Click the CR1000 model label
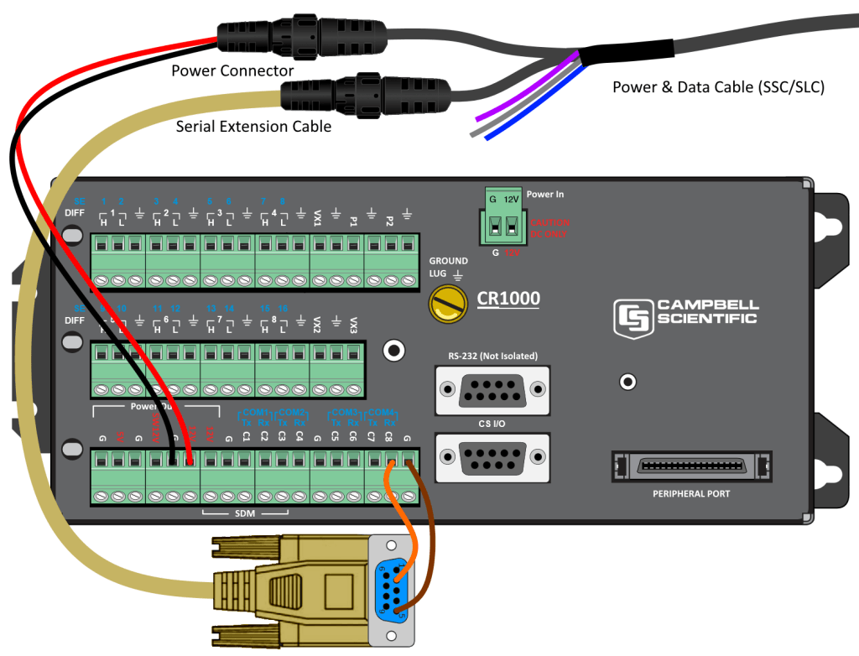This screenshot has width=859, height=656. click(x=508, y=299)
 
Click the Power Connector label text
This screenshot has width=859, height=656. click(x=232, y=71)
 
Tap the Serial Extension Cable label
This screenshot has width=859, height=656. click(x=253, y=127)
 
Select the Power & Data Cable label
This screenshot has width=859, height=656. click(x=718, y=86)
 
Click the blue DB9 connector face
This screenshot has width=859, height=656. click(x=392, y=590)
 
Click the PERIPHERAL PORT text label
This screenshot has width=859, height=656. click(x=691, y=494)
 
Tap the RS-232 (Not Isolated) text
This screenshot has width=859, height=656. click(x=492, y=357)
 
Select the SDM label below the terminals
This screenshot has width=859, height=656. click(x=246, y=513)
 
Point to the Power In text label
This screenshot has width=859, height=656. click(x=545, y=195)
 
